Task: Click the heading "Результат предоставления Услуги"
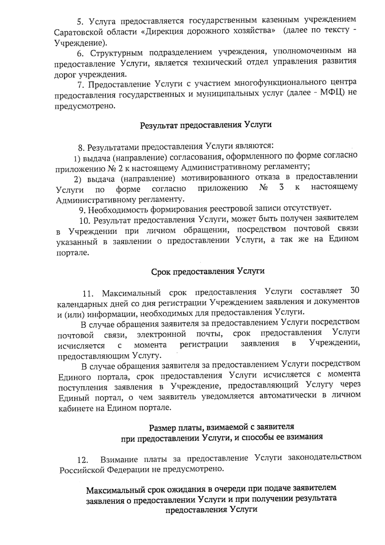click(206, 125)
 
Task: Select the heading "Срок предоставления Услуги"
click(208, 271)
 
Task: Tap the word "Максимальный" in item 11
click(131, 293)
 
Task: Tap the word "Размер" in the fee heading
click(163, 428)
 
